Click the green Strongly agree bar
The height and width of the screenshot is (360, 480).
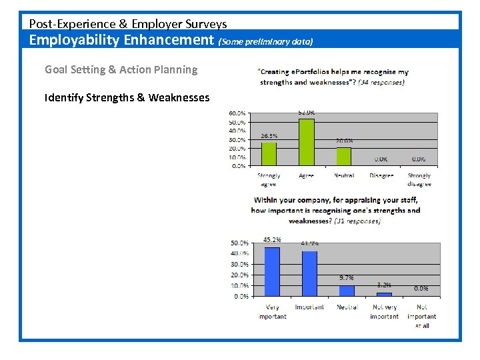[x=269, y=153]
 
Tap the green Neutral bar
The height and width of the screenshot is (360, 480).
[x=344, y=156]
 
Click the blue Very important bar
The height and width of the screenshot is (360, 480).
[x=272, y=271]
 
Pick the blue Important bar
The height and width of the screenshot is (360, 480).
[x=309, y=273]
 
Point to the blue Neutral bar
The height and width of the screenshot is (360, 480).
[x=347, y=291]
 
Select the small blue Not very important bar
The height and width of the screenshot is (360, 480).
[x=384, y=294]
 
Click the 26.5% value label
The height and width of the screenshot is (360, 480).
[x=269, y=136]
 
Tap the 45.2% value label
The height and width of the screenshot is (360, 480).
[x=272, y=240]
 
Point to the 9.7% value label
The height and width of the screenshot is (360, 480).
[x=347, y=278]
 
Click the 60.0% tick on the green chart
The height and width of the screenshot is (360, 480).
[x=238, y=114]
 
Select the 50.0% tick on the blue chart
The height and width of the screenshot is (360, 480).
[x=240, y=243]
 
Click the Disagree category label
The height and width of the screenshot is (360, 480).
[x=382, y=176]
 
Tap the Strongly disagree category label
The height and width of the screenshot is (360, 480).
[x=419, y=180]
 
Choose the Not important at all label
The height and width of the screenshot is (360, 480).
[x=421, y=316]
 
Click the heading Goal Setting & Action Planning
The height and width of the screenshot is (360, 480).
[x=121, y=69]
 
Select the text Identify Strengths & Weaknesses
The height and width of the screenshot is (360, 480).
[x=127, y=97]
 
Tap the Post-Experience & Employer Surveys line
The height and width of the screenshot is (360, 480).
[x=128, y=24]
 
